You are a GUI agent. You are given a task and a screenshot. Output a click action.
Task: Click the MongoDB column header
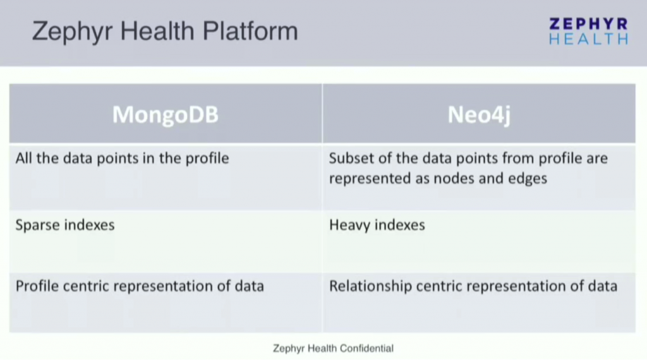click(x=165, y=115)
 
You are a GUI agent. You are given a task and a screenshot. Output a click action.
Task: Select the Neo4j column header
click(x=478, y=115)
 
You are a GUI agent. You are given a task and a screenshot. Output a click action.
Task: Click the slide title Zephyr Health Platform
click(x=165, y=31)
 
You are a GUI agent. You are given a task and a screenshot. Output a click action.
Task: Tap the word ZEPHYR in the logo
click(x=588, y=24)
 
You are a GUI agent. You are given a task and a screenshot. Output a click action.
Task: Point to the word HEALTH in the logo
click(x=588, y=39)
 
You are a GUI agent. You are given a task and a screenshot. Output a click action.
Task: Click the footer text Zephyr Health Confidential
click(x=333, y=348)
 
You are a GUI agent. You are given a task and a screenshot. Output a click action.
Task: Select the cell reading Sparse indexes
click(x=65, y=225)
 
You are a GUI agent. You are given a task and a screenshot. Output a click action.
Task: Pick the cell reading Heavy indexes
click(x=377, y=225)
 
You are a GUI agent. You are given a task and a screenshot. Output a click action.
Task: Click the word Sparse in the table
click(x=37, y=225)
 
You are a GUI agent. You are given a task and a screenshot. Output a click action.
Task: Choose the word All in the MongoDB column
click(x=24, y=158)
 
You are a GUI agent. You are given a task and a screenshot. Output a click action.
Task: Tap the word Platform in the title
click(x=252, y=31)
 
